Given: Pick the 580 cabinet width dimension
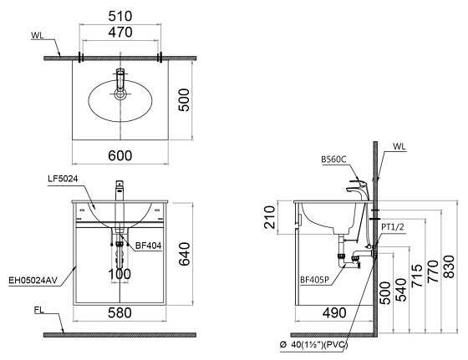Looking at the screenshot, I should click(121, 315).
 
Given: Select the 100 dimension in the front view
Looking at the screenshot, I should click(120, 273).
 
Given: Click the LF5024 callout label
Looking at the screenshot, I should click(64, 180).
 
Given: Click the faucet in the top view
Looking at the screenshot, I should click(120, 84).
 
